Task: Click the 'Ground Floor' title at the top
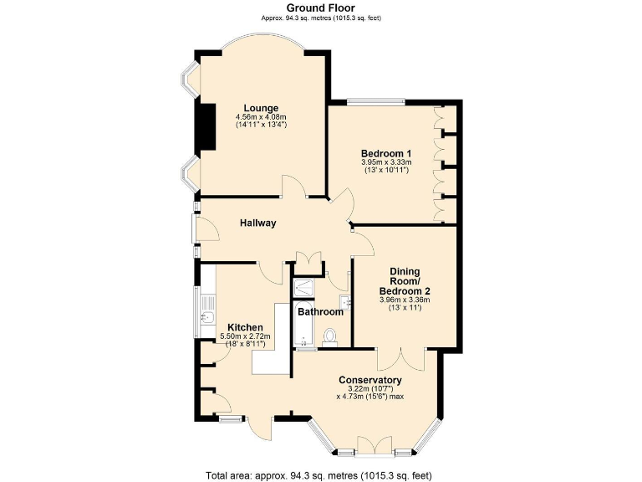click(x=320, y=8)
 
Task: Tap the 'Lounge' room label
click(x=261, y=108)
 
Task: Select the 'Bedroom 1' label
click(x=385, y=153)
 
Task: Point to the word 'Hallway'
click(x=257, y=223)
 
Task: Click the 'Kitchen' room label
click(x=245, y=327)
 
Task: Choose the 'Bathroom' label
click(x=321, y=311)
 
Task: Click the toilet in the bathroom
click(x=330, y=336)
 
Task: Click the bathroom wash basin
click(x=344, y=301)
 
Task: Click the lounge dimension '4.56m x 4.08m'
click(x=261, y=117)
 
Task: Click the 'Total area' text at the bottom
click(x=320, y=475)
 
